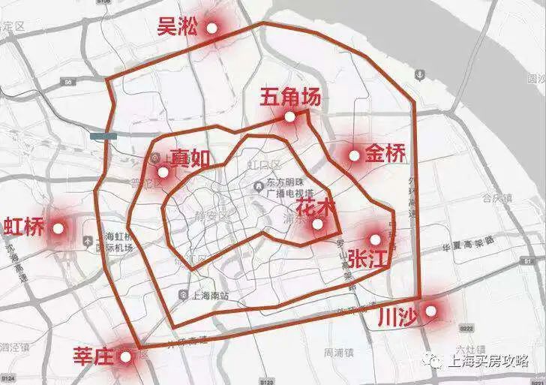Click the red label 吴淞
click(178, 28)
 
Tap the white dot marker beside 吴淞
click(211, 28)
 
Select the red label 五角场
click(290, 97)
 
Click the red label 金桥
click(385, 155)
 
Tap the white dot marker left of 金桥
click(354, 155)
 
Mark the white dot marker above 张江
click(375, 239)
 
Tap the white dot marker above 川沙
click(430, 309)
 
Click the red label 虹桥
click(24, 226)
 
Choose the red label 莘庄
click(93, 356)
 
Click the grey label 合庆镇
click(496, 199)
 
